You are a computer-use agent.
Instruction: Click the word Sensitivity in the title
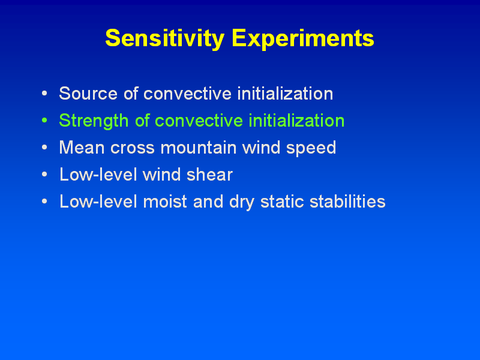pyautogui.click(x=164, y=39)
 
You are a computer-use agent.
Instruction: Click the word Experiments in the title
pyautogui.click(x=303, y=39)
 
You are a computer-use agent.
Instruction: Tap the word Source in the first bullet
pyautogui.click(x=88, y=94)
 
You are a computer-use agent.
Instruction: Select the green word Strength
pyautogui.click(x=94, y=121)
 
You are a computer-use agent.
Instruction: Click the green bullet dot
pyautogui.click(x=44, y=121)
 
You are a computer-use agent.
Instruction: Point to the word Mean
pyautogui.click(x=82, y=148)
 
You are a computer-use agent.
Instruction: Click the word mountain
pyautogui.click(x=199, y=147)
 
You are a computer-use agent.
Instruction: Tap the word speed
pyautogui.click(x=311, y=148)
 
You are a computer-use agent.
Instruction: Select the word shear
pyautogui.click(x=209, y=175)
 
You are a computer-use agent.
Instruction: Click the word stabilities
pyautogui.click(x=347, y=202)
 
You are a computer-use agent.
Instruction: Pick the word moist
pyautogui.click(x=164, y=202)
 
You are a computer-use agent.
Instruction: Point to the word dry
pyautogui.click(x=242, y=202)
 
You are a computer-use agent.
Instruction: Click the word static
pyautogui.click(x=282, y=202)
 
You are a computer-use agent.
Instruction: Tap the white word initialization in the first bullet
pyautogui.click(x=286, y=94)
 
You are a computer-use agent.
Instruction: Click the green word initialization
pyautogui.click(x=296, y=121)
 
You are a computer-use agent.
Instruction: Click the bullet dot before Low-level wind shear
pyautogui.click(x=44, y=175)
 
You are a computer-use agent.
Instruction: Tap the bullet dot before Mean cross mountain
pyautogui.click(x=44, y=147)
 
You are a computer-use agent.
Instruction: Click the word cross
pyautogui.click(x=133, y=148)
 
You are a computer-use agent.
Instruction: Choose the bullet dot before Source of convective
pyautogui.click(x=44, y=93)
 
